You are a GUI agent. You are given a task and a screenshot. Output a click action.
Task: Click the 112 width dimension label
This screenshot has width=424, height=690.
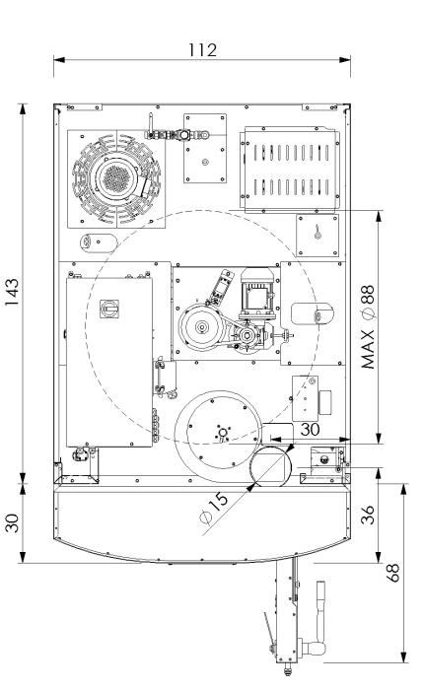(x=202, y=50)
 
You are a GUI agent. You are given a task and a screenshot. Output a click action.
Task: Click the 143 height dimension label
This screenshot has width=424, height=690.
(x=12, y=292)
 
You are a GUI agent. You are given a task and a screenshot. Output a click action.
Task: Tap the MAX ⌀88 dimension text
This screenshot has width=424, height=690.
(x=368, y=327)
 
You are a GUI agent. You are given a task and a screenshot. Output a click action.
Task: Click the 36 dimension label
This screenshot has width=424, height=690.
(x=368, y=515)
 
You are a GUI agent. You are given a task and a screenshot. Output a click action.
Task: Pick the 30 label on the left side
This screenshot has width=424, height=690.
(x=13, y=523)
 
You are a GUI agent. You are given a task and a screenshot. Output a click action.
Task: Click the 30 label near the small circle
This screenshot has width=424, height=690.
(x=310, y=430)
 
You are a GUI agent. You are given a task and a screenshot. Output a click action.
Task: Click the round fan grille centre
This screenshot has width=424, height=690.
(x=115, y=178)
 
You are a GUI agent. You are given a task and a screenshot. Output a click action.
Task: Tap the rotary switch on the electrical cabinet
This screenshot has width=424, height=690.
(x=108, y=309)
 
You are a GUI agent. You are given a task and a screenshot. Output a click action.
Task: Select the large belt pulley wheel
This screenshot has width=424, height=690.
(x=202, y=327)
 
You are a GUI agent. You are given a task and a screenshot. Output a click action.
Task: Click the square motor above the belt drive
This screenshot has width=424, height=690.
(x=257, y=294)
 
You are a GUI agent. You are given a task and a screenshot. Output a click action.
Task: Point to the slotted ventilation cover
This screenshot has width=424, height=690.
(x=290, y=170)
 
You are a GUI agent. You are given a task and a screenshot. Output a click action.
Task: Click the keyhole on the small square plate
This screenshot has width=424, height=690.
(x=317, y=233)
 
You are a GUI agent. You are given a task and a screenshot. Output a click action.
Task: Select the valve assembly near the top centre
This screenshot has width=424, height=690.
(x=177, y=133)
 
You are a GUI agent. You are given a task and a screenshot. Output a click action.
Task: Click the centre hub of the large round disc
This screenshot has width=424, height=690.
(x=223, y=432)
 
